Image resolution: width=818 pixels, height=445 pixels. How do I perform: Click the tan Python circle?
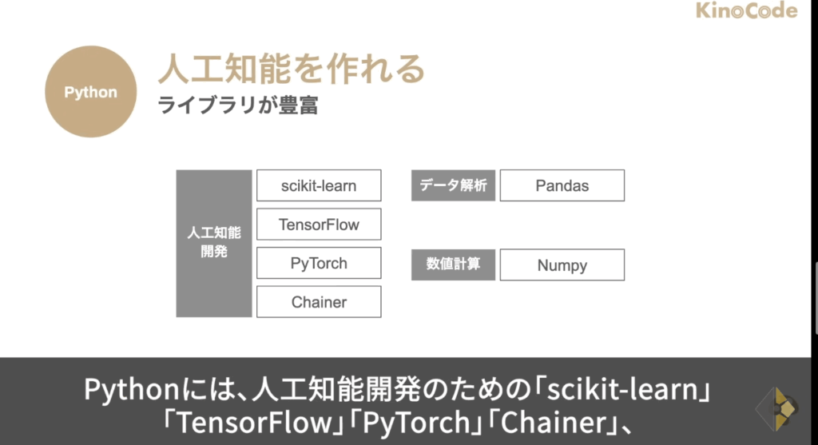click(91, 92)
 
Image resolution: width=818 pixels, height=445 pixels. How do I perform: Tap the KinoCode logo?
click(747, 10)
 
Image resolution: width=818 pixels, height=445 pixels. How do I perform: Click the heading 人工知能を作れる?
click(292, 69)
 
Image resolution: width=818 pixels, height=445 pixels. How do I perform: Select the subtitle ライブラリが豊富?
click(238, 105)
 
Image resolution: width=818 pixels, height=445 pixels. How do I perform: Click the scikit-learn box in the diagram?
click(319, 185)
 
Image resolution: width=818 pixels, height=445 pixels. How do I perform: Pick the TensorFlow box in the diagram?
click(319, 224)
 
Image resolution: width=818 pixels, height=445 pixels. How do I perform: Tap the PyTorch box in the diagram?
click(319, 263)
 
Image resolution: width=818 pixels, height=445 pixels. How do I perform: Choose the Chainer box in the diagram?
click(319, 301)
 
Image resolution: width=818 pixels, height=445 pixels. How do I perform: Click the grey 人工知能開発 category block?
click(214, 243)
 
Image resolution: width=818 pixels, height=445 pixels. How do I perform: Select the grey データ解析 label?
click(454, 185)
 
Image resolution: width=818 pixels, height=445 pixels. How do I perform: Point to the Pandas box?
click(562, 185)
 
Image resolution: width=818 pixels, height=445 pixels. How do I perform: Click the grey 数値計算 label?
click(454, 264)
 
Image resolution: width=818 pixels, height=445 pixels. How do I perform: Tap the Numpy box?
click(562, 264)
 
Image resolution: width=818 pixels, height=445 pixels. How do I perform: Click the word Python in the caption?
click(132, 390)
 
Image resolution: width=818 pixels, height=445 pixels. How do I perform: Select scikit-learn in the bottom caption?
click(623, 389)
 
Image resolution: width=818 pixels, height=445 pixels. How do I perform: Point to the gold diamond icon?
click(776, 409)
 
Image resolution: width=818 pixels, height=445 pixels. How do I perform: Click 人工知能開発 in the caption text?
click(336, 390)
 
